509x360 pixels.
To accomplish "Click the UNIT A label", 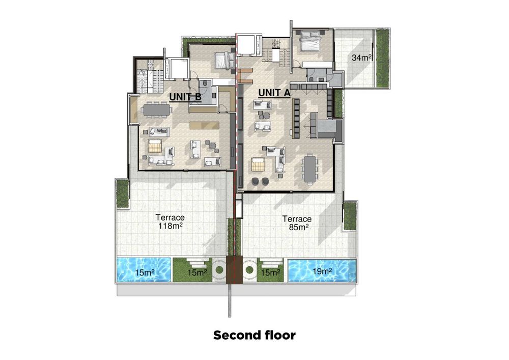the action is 274,93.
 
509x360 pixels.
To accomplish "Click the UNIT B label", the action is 185,97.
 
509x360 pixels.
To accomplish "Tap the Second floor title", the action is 254,335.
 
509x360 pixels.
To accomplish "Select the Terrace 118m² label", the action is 170,221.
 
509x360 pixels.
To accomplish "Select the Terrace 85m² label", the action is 297,224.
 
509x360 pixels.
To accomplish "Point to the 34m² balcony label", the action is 361,58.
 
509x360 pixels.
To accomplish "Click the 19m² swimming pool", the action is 323,270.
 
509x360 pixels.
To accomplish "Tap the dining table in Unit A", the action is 309,170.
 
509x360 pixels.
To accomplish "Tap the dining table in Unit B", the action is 156,109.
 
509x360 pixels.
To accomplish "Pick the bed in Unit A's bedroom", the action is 310,41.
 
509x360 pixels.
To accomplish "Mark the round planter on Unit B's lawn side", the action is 219,270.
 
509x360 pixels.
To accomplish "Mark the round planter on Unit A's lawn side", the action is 249,270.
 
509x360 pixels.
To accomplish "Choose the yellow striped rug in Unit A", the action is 259,164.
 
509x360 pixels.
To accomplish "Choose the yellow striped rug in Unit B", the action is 155,146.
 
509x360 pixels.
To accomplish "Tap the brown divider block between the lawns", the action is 234,270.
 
